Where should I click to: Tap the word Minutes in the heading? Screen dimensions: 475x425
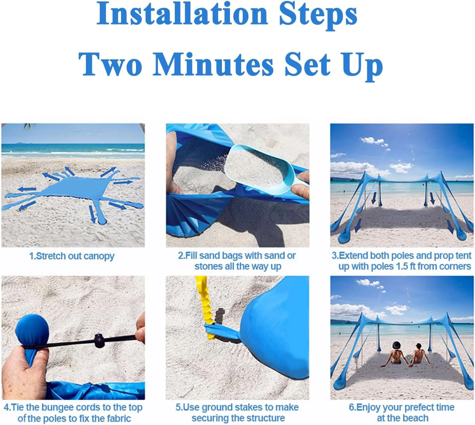[x=213, y=64]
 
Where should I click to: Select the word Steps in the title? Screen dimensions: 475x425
[x=318, y=16]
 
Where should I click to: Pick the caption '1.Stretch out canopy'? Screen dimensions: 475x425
[x=72, y=256]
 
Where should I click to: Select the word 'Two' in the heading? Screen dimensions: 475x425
[x=110, y=64]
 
